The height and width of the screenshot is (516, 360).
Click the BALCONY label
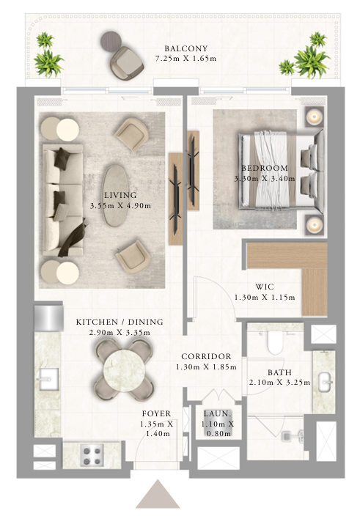click(x=186, y=48)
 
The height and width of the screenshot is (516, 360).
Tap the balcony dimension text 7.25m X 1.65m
click(x=186, y=59)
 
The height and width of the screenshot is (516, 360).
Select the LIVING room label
click(x=120, y=195)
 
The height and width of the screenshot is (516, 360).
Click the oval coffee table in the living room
click(x=115, y=196)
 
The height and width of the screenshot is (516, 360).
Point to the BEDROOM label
click(x=265, y=168)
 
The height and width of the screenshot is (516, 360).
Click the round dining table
click(x=124, y=370)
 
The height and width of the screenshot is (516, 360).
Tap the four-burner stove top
click(x=92, y=454)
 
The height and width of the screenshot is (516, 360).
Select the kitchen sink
click(x=48, y=379)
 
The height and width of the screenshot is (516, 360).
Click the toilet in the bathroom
click(x=275, y=342)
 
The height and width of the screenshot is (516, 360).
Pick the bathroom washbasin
click(x=325, y=383)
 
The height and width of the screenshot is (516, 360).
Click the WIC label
click(x=265, y=287)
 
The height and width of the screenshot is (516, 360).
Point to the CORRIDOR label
click(x=206, y=356)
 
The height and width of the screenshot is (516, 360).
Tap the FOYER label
click(x=156, y=413)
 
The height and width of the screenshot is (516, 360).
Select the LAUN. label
click(x=218, y=413)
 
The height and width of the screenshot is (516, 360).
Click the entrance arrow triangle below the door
click(x=158, y=494)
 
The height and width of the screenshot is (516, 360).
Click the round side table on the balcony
click(x=111, y=42)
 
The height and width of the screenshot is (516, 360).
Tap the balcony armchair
click(x=127, y=62)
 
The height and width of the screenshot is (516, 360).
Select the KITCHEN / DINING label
click(x=120, y=322)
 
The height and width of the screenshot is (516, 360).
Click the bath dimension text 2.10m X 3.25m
click(x=279, y=383)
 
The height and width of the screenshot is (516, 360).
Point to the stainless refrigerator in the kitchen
click(x=49, y=318)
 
